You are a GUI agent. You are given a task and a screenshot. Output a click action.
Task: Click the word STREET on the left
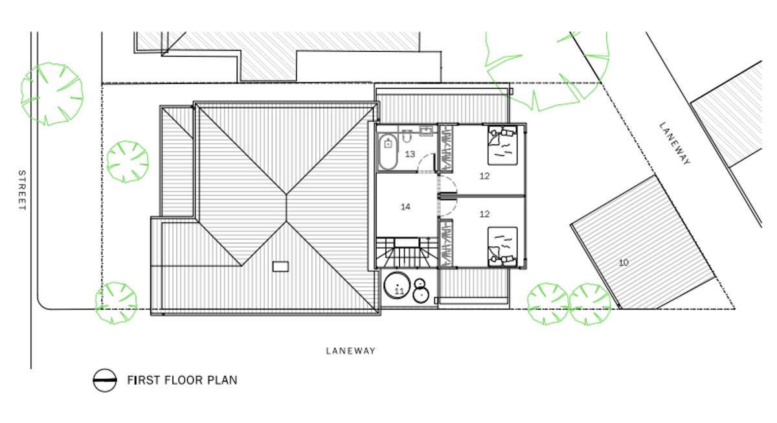point(21,190)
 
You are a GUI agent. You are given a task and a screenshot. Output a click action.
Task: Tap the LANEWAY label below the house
point(350,351)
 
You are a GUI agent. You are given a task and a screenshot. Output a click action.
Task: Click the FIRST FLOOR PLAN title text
point(182,380)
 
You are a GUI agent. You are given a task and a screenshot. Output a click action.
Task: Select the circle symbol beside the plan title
point(104,380)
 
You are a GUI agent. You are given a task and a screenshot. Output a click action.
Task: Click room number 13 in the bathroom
point(409,154)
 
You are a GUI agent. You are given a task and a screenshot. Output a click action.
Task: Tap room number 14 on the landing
point(405,207)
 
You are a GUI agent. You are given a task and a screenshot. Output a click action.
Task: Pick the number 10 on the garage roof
point(624,262)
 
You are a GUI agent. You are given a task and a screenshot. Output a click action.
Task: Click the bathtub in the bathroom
point(388,151)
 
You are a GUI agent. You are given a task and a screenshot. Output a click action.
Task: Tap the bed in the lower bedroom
point(502,246)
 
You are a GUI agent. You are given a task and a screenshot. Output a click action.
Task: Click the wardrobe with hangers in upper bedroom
point(446,149)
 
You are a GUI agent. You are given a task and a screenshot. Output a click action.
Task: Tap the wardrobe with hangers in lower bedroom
point(446,243)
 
